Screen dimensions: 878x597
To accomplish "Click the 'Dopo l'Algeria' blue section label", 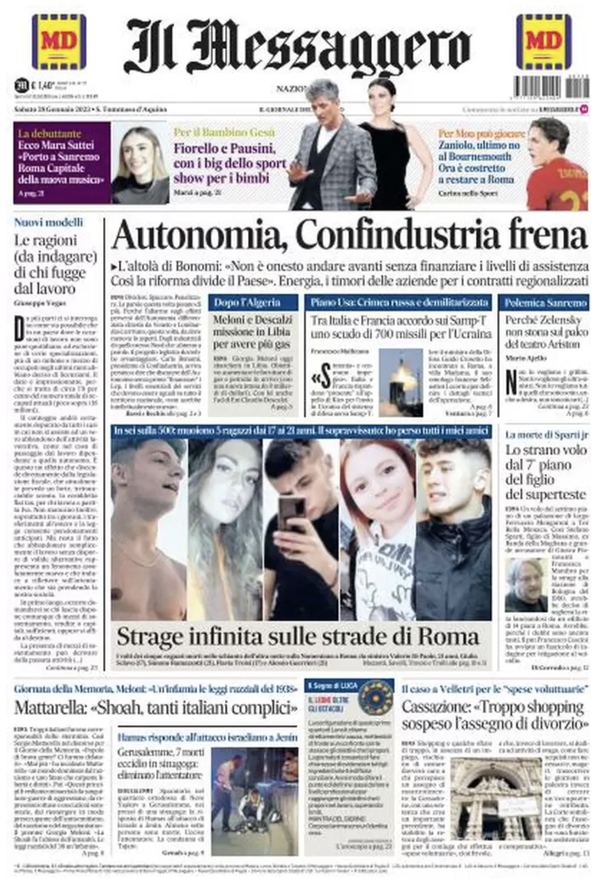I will (x=247, y=303).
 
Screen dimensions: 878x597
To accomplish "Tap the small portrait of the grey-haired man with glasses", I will (x=526, y=585).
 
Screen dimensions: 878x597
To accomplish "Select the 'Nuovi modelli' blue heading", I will (x=48, y=223).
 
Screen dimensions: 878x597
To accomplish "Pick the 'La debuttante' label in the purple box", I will (x=49, y=134).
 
